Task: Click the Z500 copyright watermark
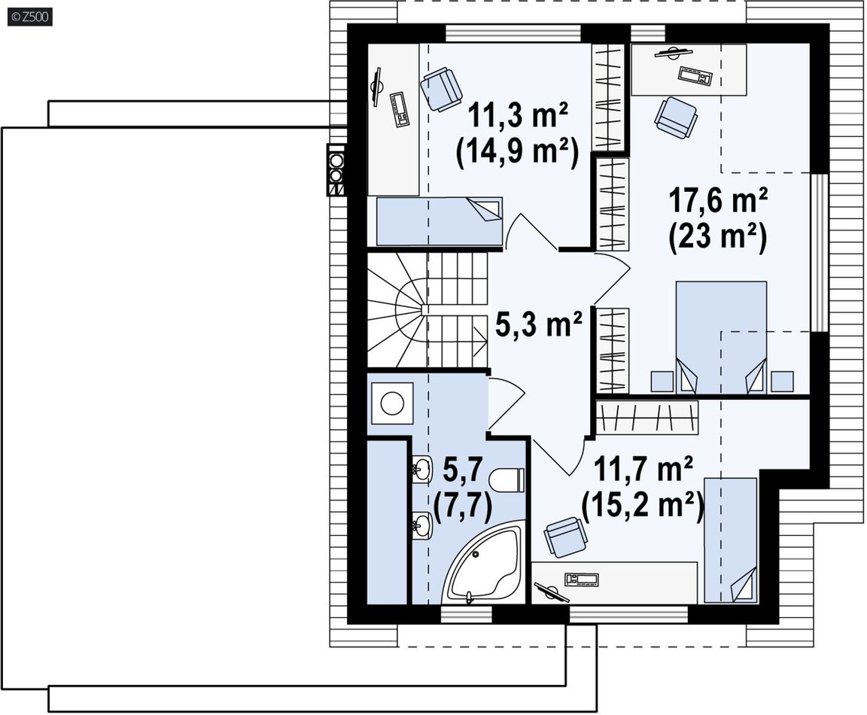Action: coord(30,17)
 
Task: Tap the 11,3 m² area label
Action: coord(518,115)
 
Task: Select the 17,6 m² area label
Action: coord(718,200)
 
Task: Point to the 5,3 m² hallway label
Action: coord(539,324)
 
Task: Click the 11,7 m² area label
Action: coord(643,470)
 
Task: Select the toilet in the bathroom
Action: coord(507,480)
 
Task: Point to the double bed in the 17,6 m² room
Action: coord(721,337)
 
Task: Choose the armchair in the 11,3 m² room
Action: coord(441,89)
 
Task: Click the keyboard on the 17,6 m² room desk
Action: coord(695,75)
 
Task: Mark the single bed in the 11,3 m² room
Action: coord(439,221)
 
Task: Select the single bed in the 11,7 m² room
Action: coord(731,540)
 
